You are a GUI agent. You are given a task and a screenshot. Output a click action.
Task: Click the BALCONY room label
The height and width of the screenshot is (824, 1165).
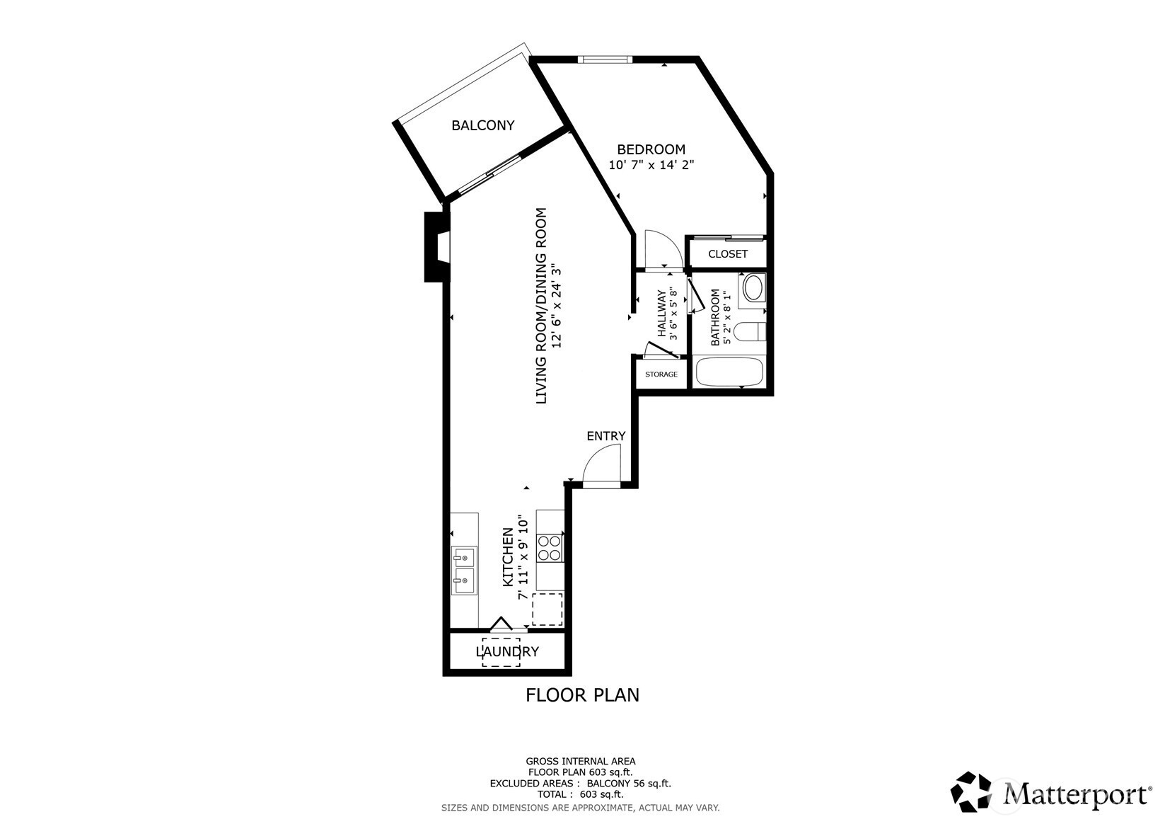[x=482, y=125]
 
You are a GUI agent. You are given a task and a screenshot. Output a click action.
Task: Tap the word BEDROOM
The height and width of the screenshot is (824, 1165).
[x=651, y=149]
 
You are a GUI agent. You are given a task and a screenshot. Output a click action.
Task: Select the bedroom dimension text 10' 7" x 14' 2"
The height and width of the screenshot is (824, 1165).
[x=651, y=165]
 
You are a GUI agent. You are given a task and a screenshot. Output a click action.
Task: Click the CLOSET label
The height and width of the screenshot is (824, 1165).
[x=728, y=254]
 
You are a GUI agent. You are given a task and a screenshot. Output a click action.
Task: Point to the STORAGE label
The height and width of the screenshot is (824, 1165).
[x=661, y=374]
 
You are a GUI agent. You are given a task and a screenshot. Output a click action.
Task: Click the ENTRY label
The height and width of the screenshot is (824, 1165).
[x=606, y=436]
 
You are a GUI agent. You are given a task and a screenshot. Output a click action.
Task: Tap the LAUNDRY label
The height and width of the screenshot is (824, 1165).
[x=507, y=652]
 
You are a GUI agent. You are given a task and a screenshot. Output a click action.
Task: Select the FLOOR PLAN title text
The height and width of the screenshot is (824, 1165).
[x=582, y=695]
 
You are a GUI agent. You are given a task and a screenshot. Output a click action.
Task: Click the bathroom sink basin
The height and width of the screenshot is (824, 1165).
[x=752, y=288]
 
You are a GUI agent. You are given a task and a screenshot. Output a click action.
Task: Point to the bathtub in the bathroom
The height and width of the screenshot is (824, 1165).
[x=729, y=372]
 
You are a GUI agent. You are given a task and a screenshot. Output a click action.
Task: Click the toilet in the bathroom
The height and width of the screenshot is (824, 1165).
[x=751, y=331]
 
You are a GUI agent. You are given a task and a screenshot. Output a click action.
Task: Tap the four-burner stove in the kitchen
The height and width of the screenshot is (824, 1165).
[x=550, y=548]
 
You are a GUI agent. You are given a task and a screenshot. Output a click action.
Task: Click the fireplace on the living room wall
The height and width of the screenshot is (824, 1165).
[x=437, y=247]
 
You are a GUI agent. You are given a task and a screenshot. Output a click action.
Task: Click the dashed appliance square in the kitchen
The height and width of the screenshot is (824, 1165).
[x=547, y=609]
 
